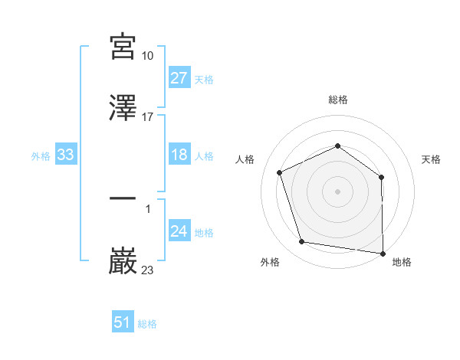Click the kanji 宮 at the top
point(123,47)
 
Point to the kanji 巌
point(123,261)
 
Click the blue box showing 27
point(179,78)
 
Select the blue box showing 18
point(179,155)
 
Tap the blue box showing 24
point(179,232)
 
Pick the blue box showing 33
point(65,155)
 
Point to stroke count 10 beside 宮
point(148,56)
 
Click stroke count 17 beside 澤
point(148,117)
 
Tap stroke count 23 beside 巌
point(148,270)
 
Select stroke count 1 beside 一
point(148,208)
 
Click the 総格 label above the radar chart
point(338,100)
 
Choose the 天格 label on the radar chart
point(432,159)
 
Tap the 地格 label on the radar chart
point(402,262)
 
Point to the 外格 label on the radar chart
point(270,262)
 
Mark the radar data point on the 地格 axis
point(382,253)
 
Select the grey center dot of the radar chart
point(338,191)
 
